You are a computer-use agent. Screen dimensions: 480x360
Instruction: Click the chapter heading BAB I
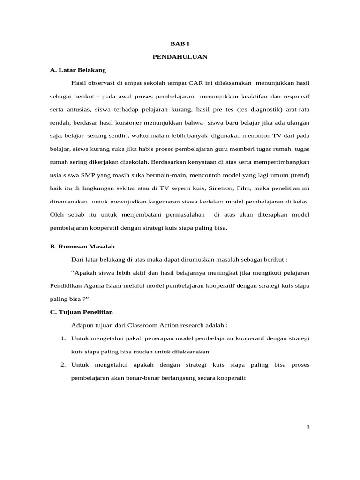(x=180, y=43)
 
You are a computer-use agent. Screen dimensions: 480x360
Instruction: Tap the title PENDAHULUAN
(x=180, y=57)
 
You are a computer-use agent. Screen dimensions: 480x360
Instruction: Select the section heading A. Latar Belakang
(x=78, y=70)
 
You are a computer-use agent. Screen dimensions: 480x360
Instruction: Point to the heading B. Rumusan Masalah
(x=82, y=246)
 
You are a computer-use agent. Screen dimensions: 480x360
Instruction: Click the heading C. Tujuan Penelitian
(x=81, y=312)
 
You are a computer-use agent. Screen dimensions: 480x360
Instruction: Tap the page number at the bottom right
(x=308, y=427)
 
